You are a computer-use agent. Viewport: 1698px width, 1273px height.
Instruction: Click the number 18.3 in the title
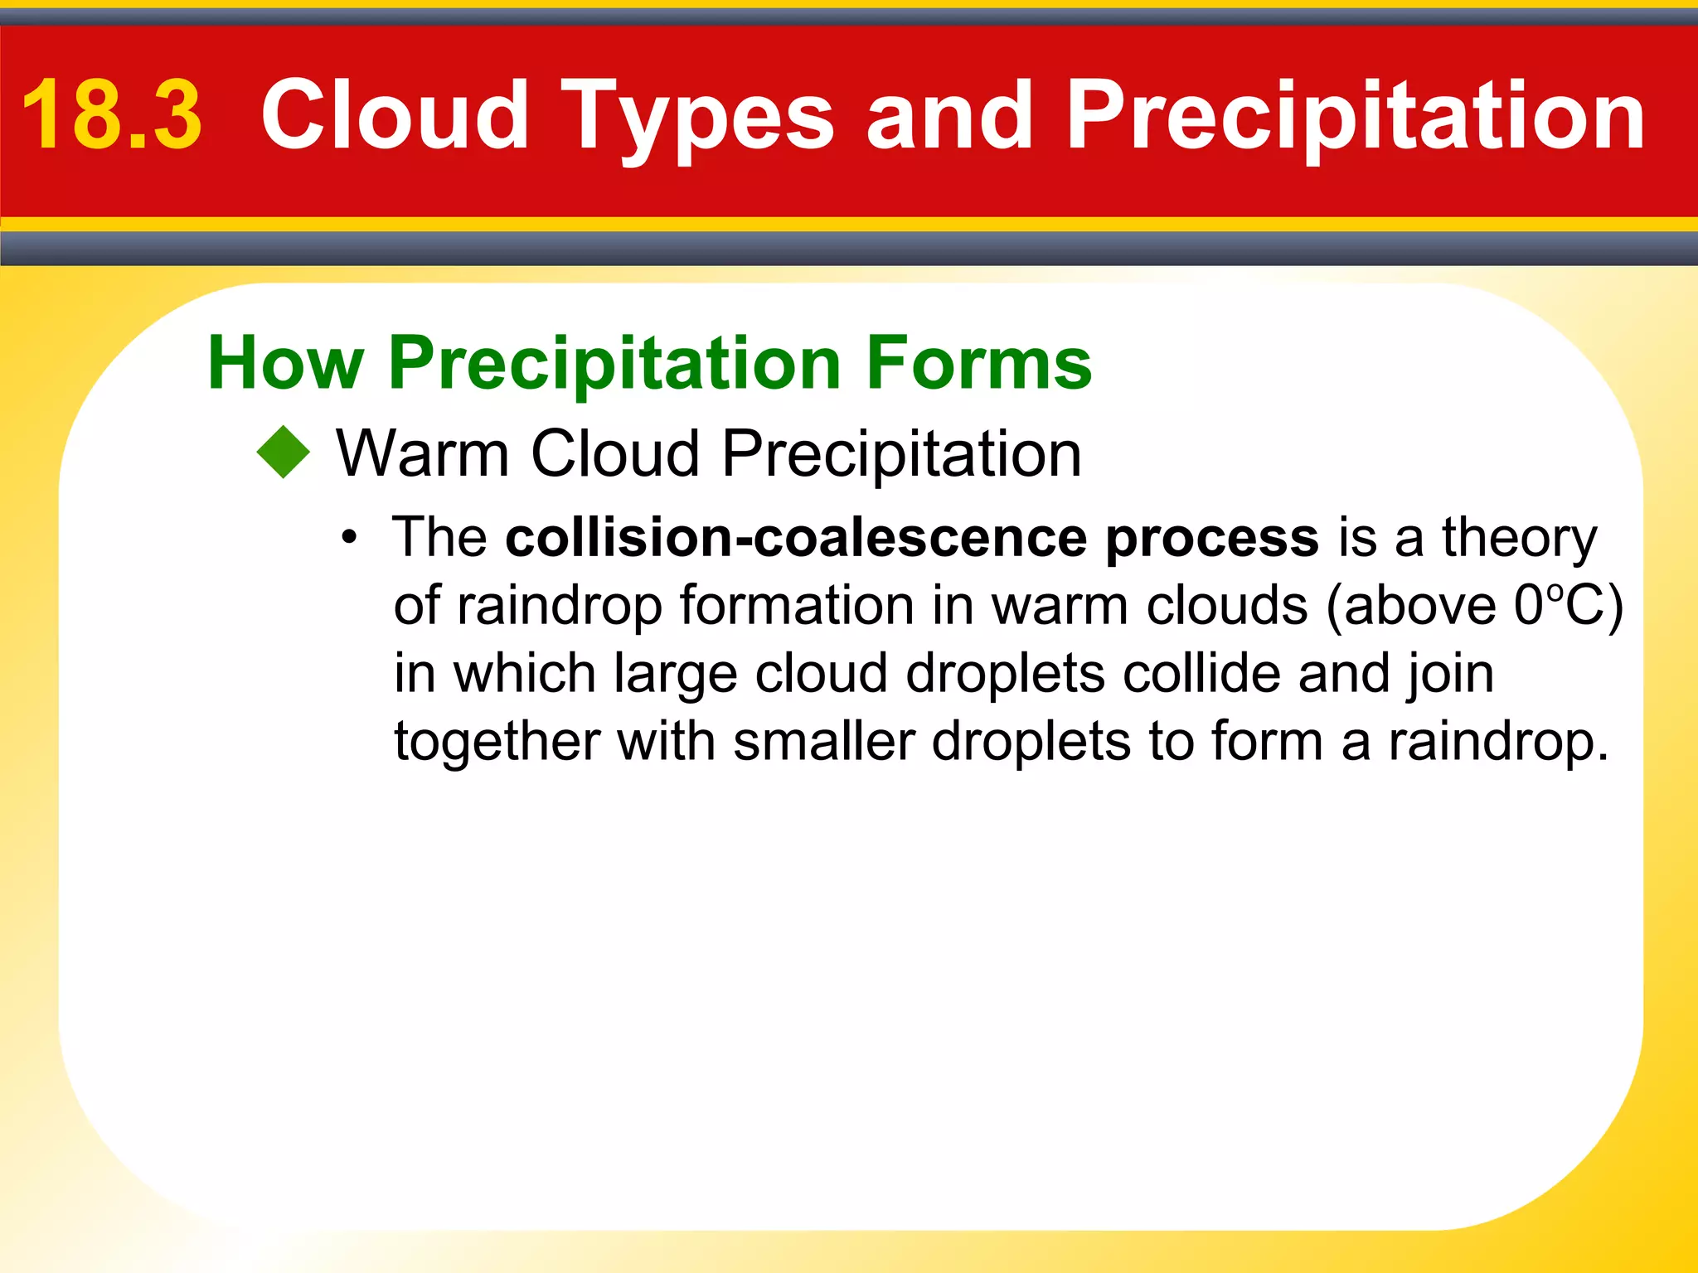click(x=112, y=116)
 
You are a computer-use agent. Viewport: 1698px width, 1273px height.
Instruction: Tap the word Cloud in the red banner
click(x=395, y=116)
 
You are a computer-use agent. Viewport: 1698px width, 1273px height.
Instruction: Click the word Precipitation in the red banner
click(x=1355, y=116)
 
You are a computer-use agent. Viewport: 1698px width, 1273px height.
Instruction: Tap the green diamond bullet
click(x=283, y=452)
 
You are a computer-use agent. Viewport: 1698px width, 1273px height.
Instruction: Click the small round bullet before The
click(x=350, y=538)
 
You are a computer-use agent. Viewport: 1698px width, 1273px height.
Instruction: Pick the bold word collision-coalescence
click(x=796, y=538)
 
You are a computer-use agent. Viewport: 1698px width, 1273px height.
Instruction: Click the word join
click(x=1451, y=673)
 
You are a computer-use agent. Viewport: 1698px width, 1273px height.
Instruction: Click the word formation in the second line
click(x=797, y=606)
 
